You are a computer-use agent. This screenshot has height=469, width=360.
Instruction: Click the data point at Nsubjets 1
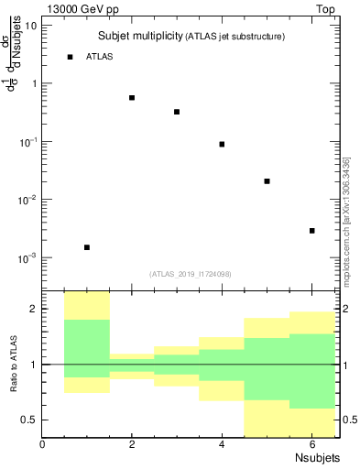87,247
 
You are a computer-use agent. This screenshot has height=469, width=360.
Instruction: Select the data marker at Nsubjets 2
132,98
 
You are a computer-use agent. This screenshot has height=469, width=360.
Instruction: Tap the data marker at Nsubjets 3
177,112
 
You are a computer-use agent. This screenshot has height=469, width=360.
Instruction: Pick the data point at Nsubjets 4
222,144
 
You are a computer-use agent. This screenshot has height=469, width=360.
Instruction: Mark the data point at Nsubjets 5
267,181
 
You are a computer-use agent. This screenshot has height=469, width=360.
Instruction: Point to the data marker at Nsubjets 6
311,231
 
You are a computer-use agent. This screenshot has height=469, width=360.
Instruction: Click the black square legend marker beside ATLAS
70,57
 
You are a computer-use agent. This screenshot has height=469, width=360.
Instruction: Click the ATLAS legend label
100,57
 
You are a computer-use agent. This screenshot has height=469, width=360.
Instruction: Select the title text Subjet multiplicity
139,36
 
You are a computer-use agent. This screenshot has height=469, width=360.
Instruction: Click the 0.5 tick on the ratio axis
29,420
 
